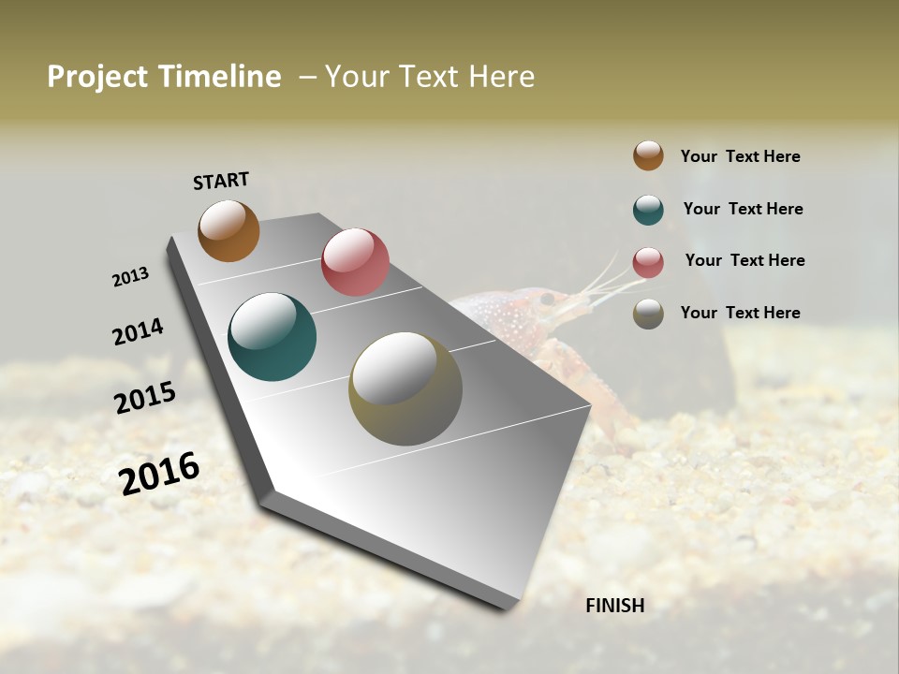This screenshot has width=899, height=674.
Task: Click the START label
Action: [221, 181]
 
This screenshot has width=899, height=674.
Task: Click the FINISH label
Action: [614, 606]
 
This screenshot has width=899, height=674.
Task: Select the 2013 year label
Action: [130, 277]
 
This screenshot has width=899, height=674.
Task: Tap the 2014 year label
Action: [138, 331]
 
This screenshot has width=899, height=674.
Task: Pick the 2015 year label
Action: [145, 398]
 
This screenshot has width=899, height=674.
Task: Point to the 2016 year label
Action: [159, 474]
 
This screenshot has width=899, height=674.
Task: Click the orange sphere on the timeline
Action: [228, 230]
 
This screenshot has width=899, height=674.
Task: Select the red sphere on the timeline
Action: [355, 262]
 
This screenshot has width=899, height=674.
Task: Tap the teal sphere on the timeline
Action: [272, 337]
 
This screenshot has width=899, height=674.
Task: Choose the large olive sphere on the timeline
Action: [405, 388]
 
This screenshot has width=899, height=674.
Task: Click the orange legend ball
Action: [648, 155]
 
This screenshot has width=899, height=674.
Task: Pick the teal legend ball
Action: [648, 210]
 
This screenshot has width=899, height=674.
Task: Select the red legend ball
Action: [648, 262]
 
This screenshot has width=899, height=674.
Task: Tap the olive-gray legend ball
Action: [648, 314]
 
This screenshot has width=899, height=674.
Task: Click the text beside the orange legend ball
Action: [740, 156]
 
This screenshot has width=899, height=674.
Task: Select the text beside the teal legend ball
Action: [743, 209]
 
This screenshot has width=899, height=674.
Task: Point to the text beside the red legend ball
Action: [744, 260]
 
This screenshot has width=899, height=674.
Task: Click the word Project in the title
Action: [97, 77]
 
